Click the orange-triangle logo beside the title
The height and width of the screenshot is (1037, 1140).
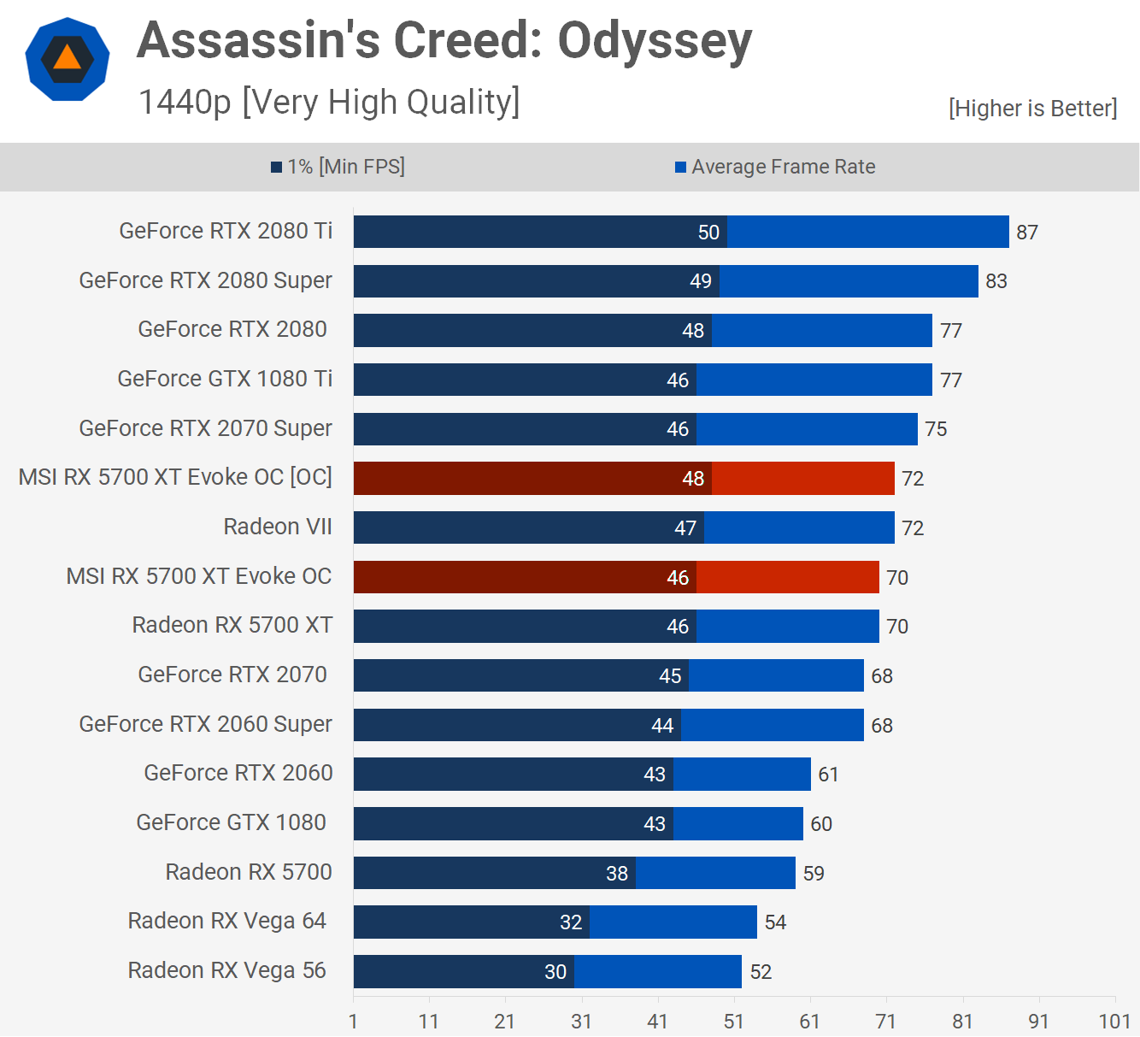tap(68, 59)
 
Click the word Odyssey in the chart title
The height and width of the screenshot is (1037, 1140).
tap(655, 41)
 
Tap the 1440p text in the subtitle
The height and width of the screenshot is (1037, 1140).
tap(185, 102)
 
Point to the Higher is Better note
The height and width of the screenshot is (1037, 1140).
tap(1032, 109)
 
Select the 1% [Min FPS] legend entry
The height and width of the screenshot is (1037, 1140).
tap(338, 167)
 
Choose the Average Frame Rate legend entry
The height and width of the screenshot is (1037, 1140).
tap(775, 167)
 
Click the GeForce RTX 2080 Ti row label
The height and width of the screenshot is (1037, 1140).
tap(226, 231)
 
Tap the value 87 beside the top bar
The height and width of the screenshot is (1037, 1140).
tap(1027, 233)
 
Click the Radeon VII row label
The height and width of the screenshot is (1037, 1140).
tap(278, 527)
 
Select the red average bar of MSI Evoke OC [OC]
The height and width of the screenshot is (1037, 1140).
tap(802, 479)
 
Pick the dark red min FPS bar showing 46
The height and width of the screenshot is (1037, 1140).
tap(525, 577)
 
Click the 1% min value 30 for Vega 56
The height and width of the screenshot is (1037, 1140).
tap(555, 972)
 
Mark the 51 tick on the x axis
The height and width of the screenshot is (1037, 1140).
tap(734, 1022)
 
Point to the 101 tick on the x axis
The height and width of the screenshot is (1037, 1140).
tap(1114, 1022)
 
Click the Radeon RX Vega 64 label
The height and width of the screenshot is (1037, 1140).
tap(226, 921)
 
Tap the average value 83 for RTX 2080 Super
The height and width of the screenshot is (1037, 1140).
tap(996, 281)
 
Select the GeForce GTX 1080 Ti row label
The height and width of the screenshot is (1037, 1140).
tap(225, 379)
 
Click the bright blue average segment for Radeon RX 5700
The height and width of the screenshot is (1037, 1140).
tap(715, 873)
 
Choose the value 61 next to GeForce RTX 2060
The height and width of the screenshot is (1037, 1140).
tap(828, 775)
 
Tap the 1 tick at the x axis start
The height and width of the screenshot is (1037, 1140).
tap(353, 1022)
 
